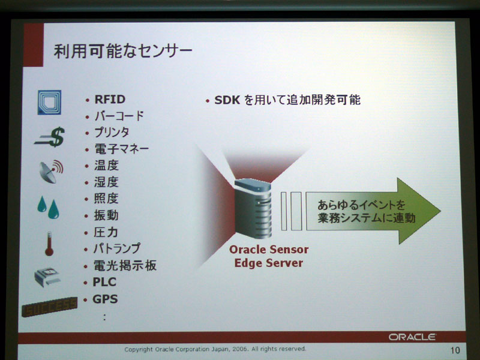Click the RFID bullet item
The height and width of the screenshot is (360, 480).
click(110, 100)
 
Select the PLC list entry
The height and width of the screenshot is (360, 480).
click(104, 282)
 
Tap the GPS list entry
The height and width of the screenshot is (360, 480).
click(105, 299)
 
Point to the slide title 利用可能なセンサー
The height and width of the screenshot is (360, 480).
click(123, 51)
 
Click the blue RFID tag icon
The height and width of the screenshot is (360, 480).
click(49, 102)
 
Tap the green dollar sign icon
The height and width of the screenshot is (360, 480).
click(50, 137)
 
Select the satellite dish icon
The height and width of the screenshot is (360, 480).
click(51, 172)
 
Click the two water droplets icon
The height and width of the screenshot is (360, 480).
click(49, 208)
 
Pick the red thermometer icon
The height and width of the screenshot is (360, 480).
click(49, 244)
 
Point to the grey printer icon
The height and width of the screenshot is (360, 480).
click(47, 277)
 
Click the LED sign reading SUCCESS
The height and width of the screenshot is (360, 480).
click(50, 307)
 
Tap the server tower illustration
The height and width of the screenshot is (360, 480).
click(253, 208)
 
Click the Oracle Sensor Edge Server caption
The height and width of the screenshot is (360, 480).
click(269, 256)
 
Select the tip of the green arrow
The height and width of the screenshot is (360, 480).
click(440, 211)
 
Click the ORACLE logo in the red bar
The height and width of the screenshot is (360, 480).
click(412, 337)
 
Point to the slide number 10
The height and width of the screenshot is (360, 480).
click(455, 350)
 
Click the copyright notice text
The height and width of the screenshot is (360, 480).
click(215, 349)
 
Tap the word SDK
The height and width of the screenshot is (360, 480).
click(227, 100)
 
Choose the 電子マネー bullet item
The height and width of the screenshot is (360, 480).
click(122, 149)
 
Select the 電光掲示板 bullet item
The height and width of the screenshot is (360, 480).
click(125, 265)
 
